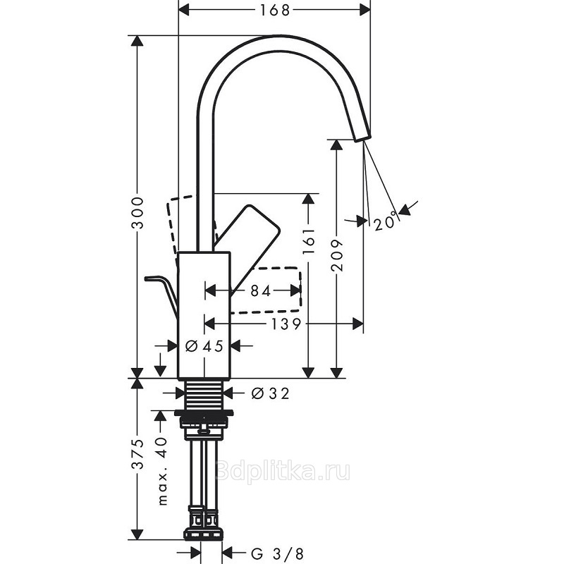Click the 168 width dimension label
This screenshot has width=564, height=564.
tap(275, 10)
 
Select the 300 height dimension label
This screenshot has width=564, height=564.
tap(137, 213)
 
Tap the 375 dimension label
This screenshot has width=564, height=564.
tap(137, 454)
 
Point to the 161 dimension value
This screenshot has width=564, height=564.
tap(309, 240)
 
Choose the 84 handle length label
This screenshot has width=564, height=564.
tap(260, 291)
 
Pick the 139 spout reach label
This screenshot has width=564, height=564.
tap(286, 324)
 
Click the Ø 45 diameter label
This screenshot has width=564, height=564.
tap(204, 346)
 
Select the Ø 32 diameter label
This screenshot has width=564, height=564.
tap(270, 393)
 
